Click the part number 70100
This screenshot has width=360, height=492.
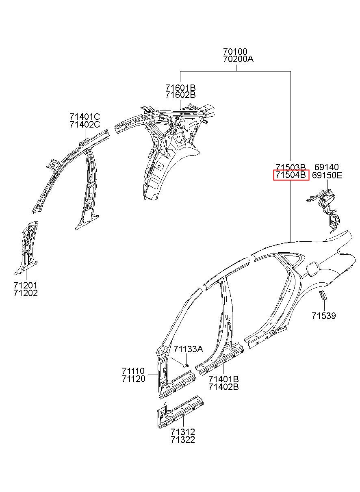pos(235,52)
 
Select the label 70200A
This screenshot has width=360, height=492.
pos(238,59)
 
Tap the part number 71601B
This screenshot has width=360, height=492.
pos(180,88)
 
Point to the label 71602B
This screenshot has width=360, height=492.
pos(180,95)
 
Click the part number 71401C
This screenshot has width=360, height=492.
pos(85,117)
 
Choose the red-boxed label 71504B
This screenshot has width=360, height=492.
pos(291,175)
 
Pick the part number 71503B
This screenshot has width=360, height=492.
pos(291,167)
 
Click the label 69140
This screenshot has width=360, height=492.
pos(326,167)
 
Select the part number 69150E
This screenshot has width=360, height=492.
pos(327,175)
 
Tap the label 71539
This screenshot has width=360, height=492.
pos(324,315)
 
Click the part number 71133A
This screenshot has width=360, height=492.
pos(188,349)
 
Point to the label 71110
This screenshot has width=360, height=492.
pos(133,371)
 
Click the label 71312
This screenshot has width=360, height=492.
pos(182,432)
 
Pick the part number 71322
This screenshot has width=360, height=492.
pos(182,440)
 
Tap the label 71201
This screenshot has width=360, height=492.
pos(25,285)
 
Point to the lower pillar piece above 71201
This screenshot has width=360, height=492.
pos(27,246)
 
